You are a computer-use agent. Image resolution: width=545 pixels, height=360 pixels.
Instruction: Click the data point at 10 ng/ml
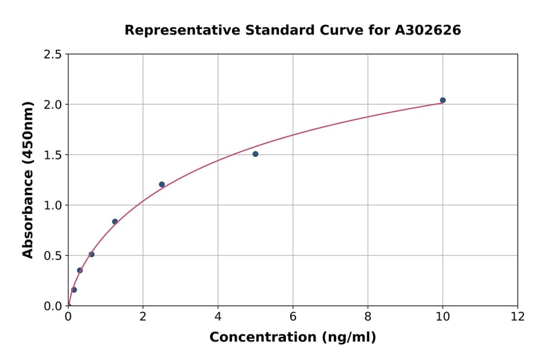443,100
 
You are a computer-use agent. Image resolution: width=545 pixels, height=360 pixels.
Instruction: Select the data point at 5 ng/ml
256,154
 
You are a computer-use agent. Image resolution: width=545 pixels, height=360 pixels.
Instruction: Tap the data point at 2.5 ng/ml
162,184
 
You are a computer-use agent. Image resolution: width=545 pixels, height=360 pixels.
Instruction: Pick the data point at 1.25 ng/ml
115,221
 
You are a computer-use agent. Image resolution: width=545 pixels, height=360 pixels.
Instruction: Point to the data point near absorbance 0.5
91,254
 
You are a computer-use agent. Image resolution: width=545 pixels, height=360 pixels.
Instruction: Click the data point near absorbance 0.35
80,270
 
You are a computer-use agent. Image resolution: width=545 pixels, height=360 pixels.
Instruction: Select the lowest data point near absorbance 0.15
74,290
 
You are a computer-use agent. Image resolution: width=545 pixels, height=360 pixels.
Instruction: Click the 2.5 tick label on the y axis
52,55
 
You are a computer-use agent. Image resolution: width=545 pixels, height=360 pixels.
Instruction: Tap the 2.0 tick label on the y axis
52,105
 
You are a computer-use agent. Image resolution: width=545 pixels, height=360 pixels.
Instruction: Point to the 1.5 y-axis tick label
52,155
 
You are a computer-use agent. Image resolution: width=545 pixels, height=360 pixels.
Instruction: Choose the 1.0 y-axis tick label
52,205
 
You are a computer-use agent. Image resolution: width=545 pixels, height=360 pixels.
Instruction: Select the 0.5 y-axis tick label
52,256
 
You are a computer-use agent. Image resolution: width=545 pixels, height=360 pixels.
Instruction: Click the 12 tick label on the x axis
518,316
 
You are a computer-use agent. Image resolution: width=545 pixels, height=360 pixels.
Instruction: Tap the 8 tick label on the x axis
368,316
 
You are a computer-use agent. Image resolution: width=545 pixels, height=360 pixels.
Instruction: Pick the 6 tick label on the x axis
293,316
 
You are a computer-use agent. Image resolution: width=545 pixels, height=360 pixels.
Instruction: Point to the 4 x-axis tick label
218,316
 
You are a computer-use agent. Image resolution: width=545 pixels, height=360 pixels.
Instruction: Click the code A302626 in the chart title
428,30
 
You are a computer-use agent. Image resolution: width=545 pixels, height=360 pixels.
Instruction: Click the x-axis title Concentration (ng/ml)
292,338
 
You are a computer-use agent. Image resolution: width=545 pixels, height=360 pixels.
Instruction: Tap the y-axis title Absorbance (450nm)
28,179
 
